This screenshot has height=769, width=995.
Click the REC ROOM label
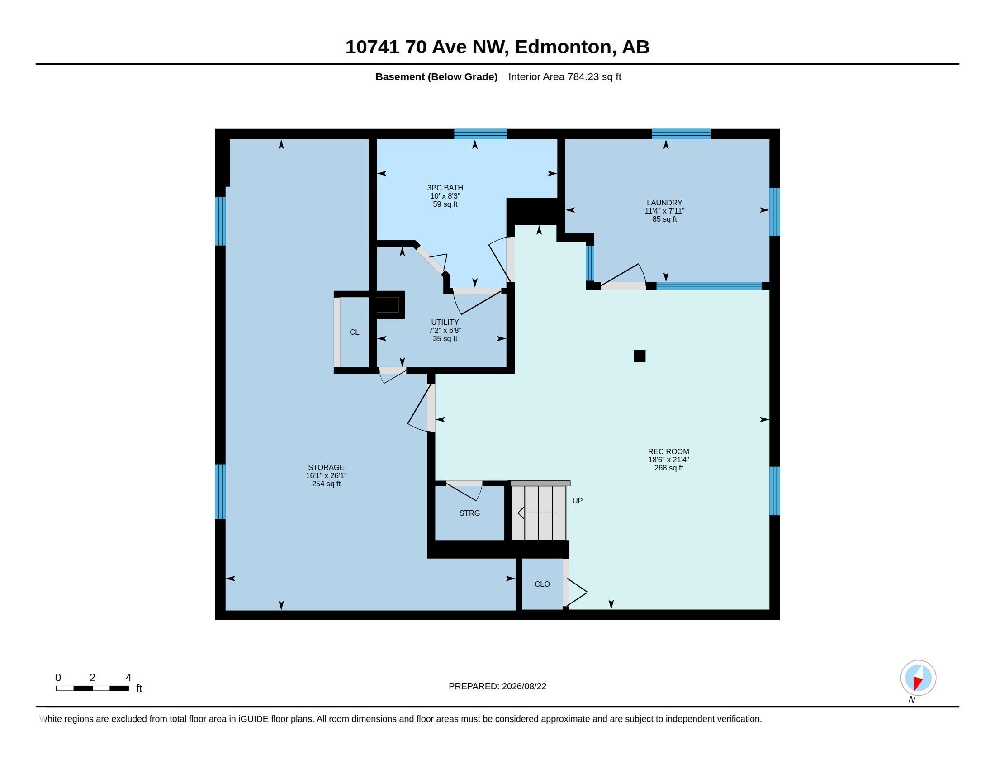(x=668, y=451)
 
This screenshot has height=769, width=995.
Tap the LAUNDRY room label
(x=664, y=203)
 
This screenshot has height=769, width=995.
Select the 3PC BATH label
(x=445, y=188)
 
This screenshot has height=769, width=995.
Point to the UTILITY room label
(x=445, y=322)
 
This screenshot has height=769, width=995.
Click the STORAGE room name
(x=326, y=467)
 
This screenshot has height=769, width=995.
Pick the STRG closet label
(x=470, y=513)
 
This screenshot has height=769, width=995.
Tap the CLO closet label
(x=542, y=584)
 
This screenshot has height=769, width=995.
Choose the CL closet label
(x=355, y=332)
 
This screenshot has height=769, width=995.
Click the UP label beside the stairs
(x=577, y=501)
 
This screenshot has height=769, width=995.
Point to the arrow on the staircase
(x=539, y=513)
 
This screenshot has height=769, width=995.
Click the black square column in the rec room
(x=640, y=356)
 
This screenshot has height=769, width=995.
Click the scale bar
(x=92, y=688)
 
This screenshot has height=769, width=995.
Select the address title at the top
(x=497, y=47)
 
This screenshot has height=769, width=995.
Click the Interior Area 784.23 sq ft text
(x=565, y=76)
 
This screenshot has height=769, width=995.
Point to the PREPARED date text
(x=497, y=686)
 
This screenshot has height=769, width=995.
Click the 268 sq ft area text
(x=668, y=468)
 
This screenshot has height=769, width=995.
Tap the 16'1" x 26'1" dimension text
(x=326, y=475)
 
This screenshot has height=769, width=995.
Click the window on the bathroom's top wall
(x=481, y=134)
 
